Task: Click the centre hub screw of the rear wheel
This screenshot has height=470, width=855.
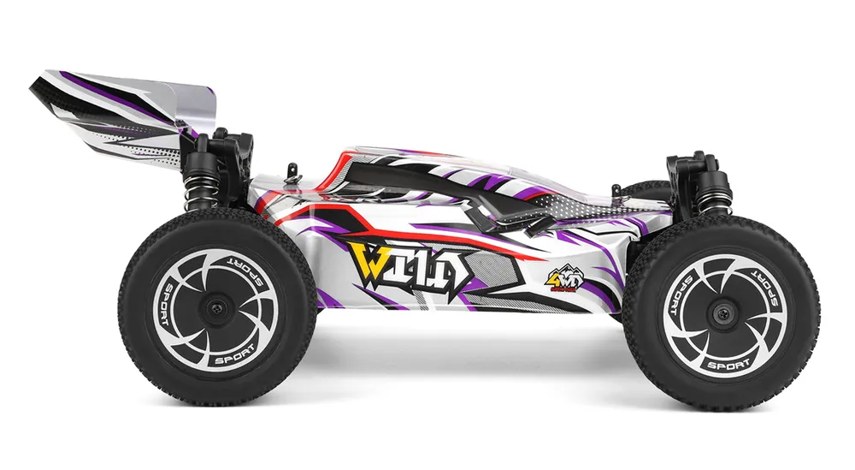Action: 217,304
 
